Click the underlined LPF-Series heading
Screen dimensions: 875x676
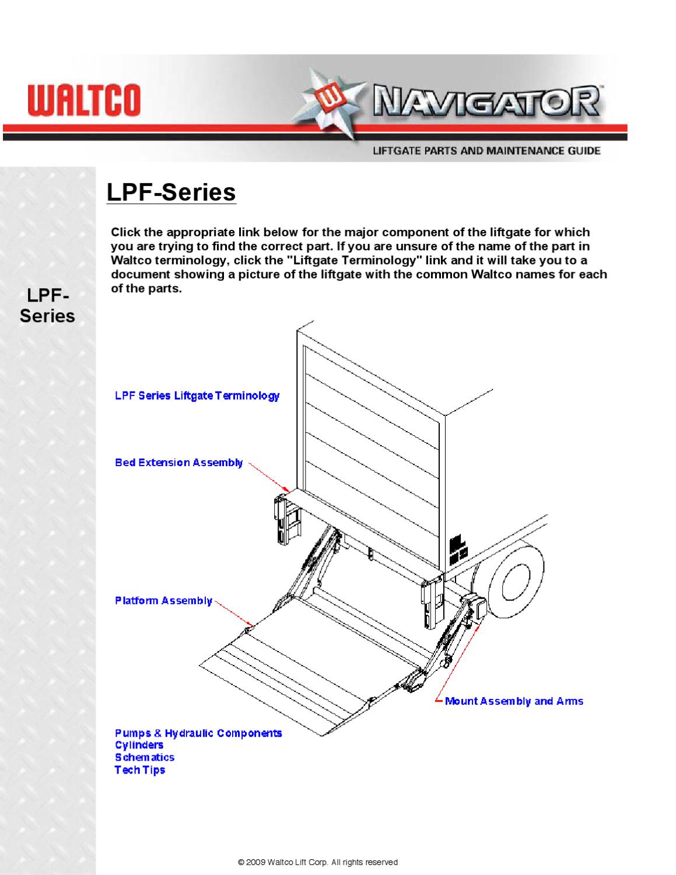(x=171, y=192)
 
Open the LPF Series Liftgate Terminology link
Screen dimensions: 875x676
(x=197, y=396)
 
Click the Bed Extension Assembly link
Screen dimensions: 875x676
(x=178, y=463)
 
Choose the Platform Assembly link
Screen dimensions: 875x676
(x=163, y=601)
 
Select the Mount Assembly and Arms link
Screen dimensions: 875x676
(x=514, y=701)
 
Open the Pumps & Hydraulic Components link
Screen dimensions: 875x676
(x=198, y=733)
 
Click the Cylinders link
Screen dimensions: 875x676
(x=139, y=745)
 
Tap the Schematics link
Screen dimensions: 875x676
(x=144, y=757)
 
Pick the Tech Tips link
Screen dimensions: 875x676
(x=139, y=770)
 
